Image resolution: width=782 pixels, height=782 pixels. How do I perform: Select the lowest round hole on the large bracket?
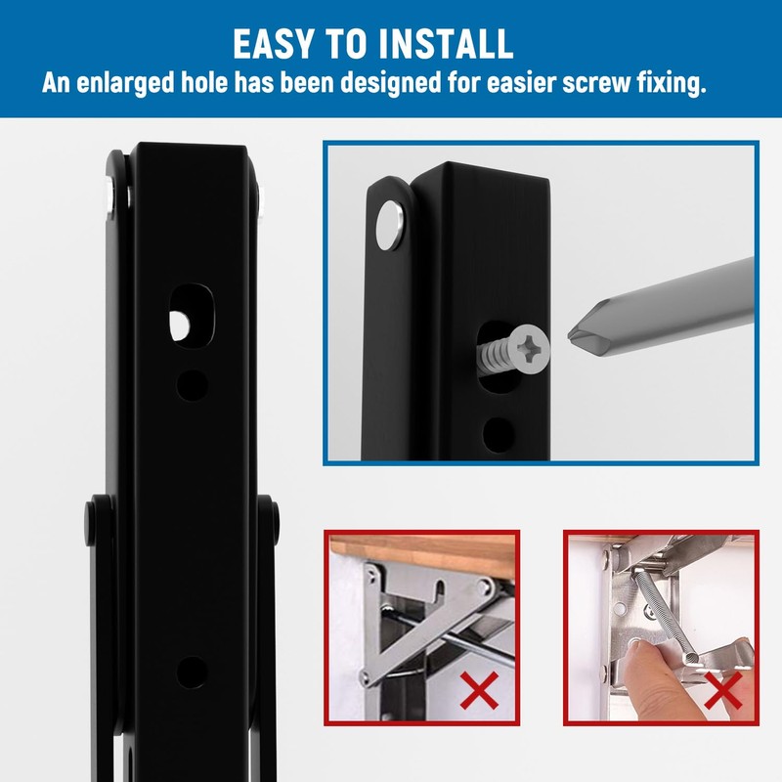click(x=193, y=671)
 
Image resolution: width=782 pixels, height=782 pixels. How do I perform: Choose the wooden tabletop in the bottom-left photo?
click(x=420, y=551)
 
